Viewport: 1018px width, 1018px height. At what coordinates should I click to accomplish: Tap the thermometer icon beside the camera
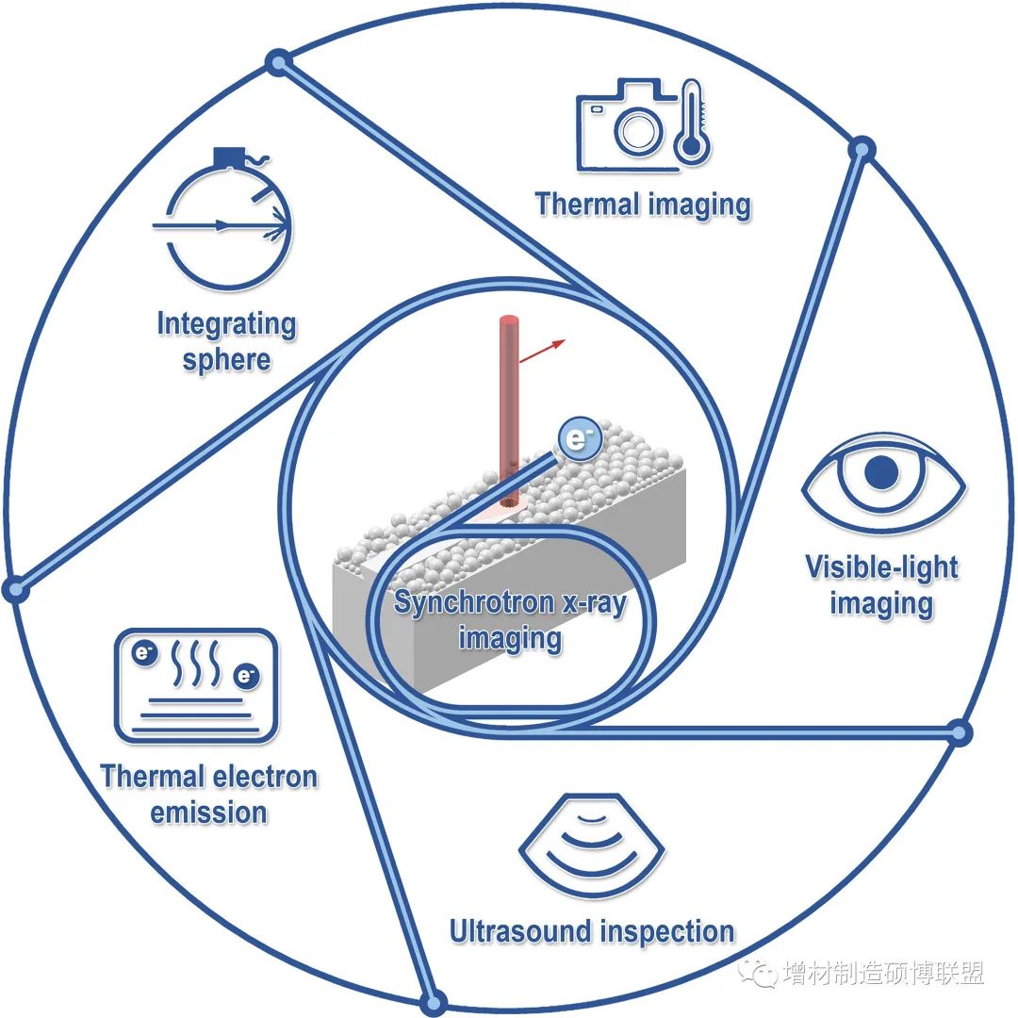pos(692,122)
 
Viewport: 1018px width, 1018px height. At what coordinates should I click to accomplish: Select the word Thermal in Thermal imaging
pos(587,204)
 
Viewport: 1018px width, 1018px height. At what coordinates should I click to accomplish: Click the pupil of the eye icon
pos(881,472)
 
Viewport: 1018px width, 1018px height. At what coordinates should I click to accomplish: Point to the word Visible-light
pos(881,566)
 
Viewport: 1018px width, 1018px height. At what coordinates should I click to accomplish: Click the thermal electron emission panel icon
pos(196,685)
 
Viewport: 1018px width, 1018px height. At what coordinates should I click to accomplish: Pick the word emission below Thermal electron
pos(208,813)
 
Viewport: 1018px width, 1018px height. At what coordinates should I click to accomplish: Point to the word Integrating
pos(226,324)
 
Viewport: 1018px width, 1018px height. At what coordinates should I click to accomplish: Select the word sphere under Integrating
pos(226,360)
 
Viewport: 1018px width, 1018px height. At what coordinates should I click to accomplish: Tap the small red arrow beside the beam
pos(542,351)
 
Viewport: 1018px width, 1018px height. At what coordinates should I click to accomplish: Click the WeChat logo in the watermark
pos(757,972)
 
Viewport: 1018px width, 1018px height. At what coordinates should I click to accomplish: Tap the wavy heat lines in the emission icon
pos(195,664)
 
